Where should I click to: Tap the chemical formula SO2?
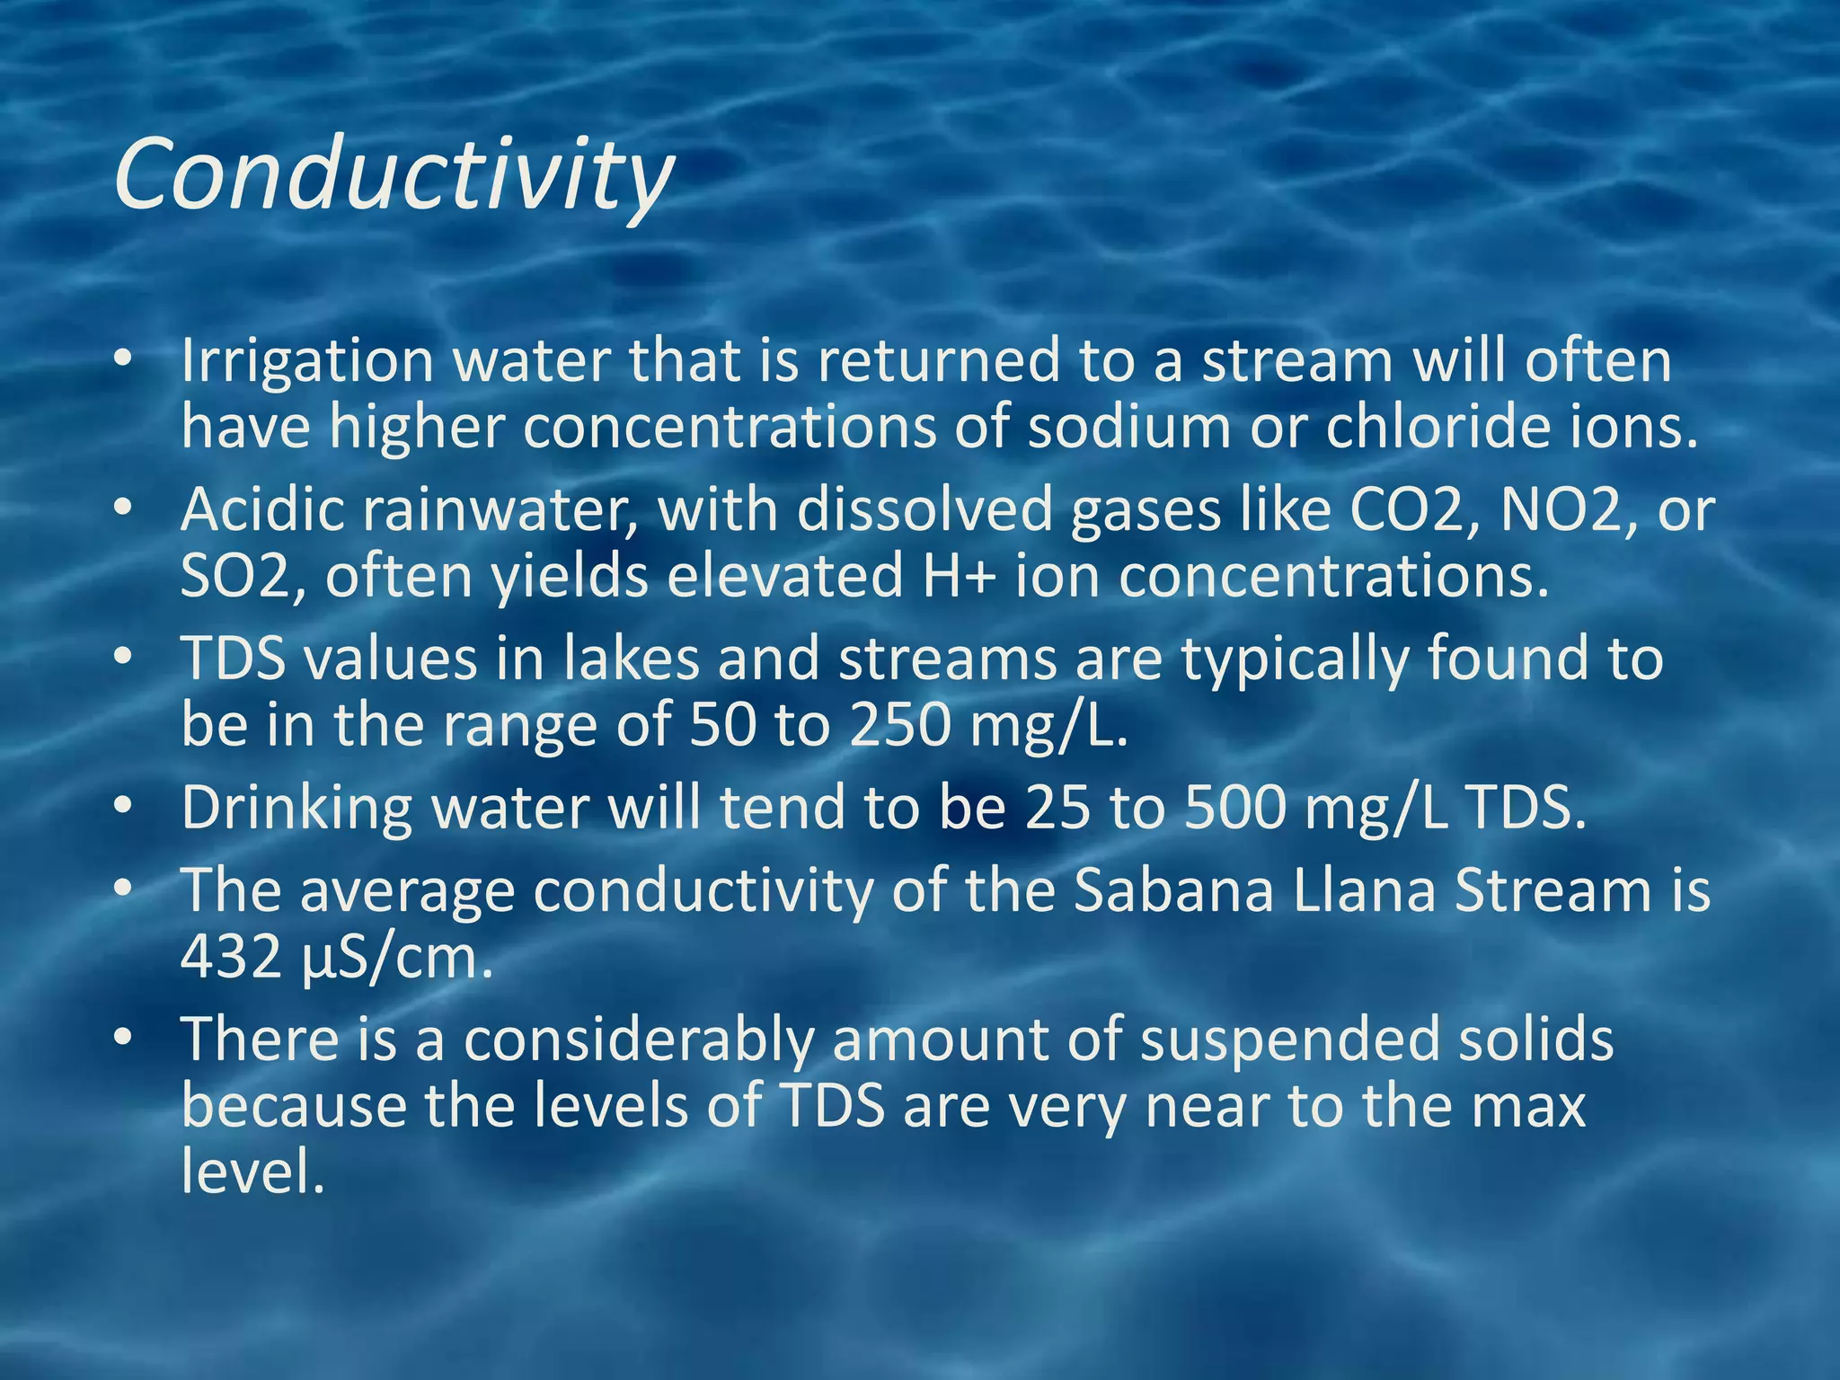pyautogui.click(x=235, y=576)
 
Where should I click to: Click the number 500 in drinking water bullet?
pyautogui.click(x=1235, y=808)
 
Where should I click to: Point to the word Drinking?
pyautogui.click(x=296, y=808)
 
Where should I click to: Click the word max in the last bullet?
pyautogui.click(x=1528, y=1107)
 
